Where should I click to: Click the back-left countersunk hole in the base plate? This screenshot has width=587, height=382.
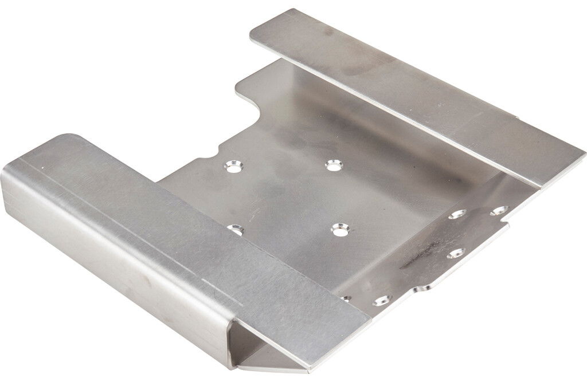233,166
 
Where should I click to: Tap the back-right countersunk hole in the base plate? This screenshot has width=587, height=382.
332,166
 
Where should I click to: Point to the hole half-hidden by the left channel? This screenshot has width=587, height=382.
236,230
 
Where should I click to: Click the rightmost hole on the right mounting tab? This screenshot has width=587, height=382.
500,211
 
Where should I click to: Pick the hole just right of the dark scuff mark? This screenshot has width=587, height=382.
456,253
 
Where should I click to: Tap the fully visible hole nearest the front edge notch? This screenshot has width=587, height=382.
381,300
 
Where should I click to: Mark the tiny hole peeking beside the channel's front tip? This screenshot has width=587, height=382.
346,298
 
